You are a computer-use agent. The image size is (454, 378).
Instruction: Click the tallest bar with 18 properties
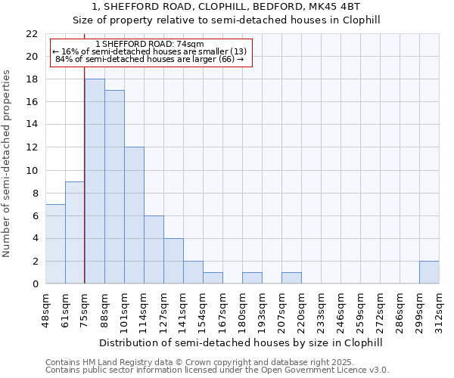(95, 181)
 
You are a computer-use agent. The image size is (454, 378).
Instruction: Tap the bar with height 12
(134, 215)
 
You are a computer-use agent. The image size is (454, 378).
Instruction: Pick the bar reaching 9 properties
(75, 233)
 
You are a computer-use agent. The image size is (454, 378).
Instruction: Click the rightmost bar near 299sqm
(429, 272)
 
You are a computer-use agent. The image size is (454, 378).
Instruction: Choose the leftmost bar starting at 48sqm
(55, 244)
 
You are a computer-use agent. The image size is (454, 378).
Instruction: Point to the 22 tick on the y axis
(31, 34)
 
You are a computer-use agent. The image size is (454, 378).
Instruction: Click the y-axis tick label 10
(31, 171)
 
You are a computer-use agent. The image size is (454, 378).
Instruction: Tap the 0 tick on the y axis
(34, 284)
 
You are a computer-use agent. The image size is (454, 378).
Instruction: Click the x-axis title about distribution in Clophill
(242, 342)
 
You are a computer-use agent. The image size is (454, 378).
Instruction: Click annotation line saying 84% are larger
(150, 59)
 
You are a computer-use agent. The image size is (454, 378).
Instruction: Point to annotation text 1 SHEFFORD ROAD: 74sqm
(150, 45)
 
